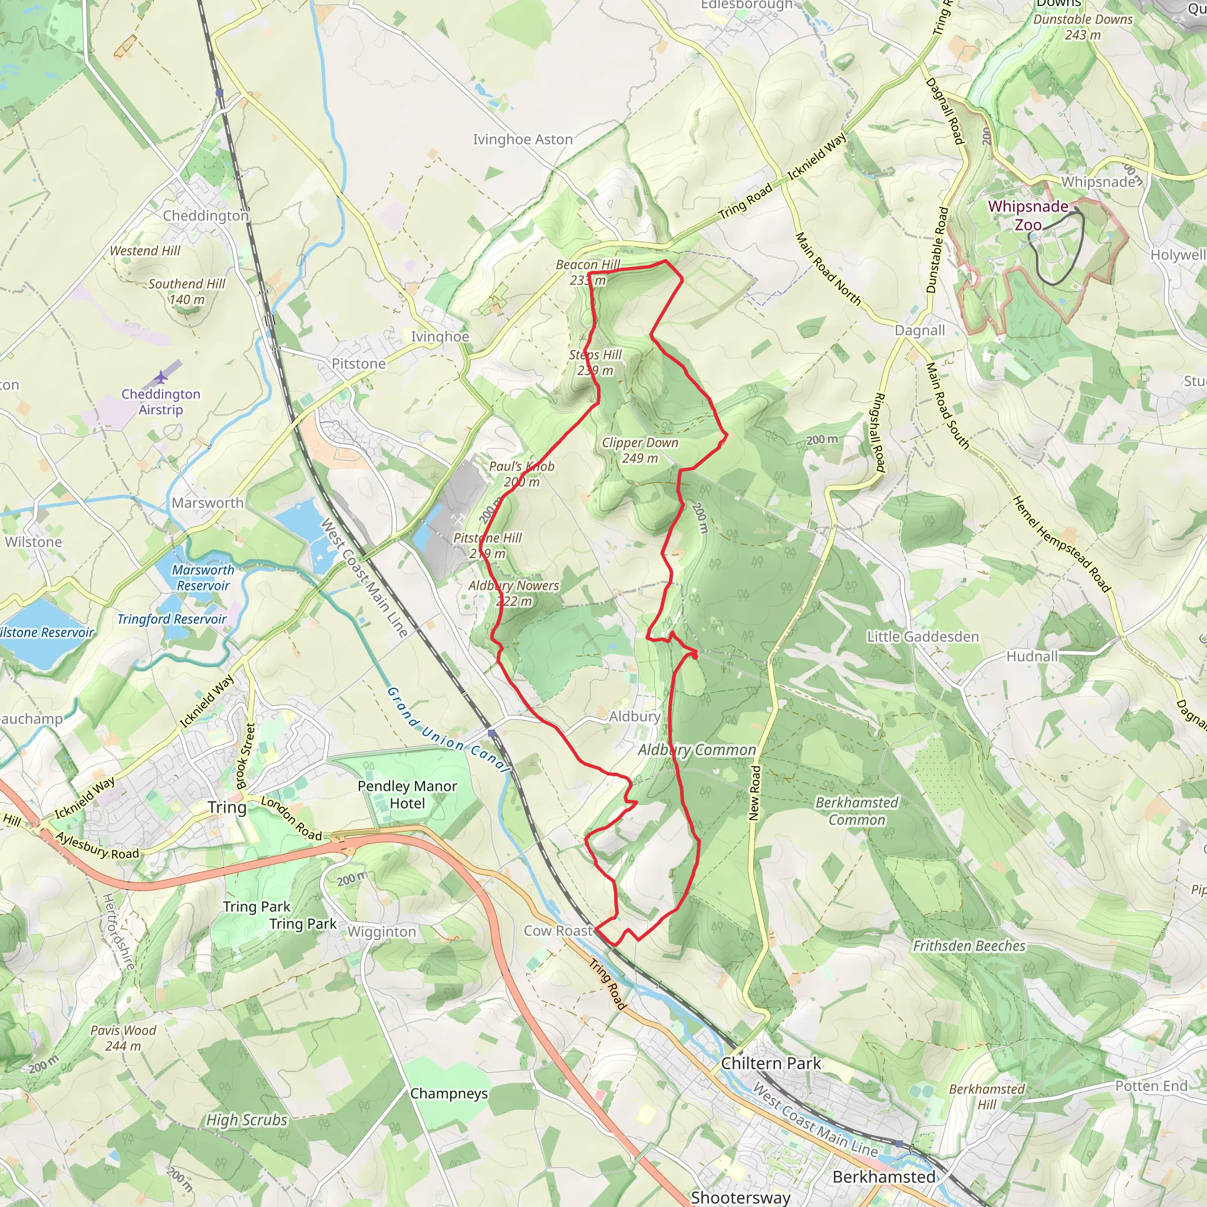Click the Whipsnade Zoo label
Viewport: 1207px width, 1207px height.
click(x=1028, y=215)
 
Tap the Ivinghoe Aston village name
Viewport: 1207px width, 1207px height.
click(x=522, y=139)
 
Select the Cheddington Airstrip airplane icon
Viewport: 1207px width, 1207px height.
click(x=161, y=377)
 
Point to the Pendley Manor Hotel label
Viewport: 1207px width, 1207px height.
click(x=407, y=794)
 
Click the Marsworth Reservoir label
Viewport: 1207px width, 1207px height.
click(x=203, y=577)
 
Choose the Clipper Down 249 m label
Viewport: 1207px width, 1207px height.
click(x=639, y=450)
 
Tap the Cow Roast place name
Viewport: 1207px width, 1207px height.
click(x=558, y=930)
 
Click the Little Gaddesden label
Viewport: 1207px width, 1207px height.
click(x=922, y=637)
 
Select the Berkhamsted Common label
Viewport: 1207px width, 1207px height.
click(x=856, y=811)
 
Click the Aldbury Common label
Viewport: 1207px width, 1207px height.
click(x=697, y=750)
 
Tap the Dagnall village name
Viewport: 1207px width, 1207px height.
click(x=919, y=330)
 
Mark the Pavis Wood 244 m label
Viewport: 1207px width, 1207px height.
click(x=123, y=1038)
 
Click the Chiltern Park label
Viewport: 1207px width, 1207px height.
click(x=771, y=1063)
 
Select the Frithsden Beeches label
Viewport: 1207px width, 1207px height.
click(x=969, y=945)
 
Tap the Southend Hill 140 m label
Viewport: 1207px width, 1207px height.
click(x=186, y=291)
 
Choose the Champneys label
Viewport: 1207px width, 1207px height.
click(x=448, y=1093)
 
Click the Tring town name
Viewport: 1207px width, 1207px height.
click(x=227, y=807)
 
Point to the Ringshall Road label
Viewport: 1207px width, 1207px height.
click(x=878, y=431)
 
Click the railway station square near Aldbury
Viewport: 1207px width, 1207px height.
click(x=492, y=733)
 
